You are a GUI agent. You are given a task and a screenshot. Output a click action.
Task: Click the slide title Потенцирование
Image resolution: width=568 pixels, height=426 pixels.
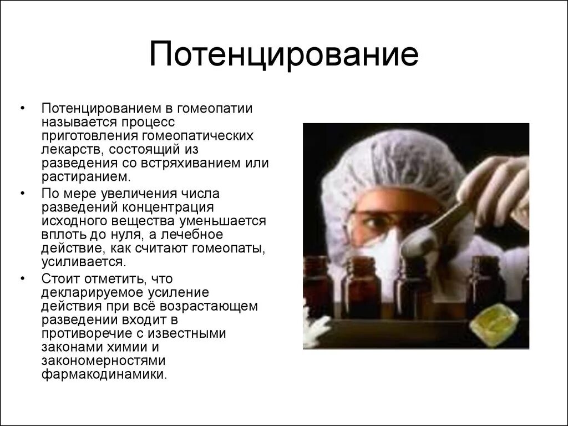[x=283, y=57]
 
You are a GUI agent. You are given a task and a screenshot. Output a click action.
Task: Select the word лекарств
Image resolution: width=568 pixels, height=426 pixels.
[x=72, y=149]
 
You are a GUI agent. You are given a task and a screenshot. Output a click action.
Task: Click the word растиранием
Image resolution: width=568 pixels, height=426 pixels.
[x=85, y=177]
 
